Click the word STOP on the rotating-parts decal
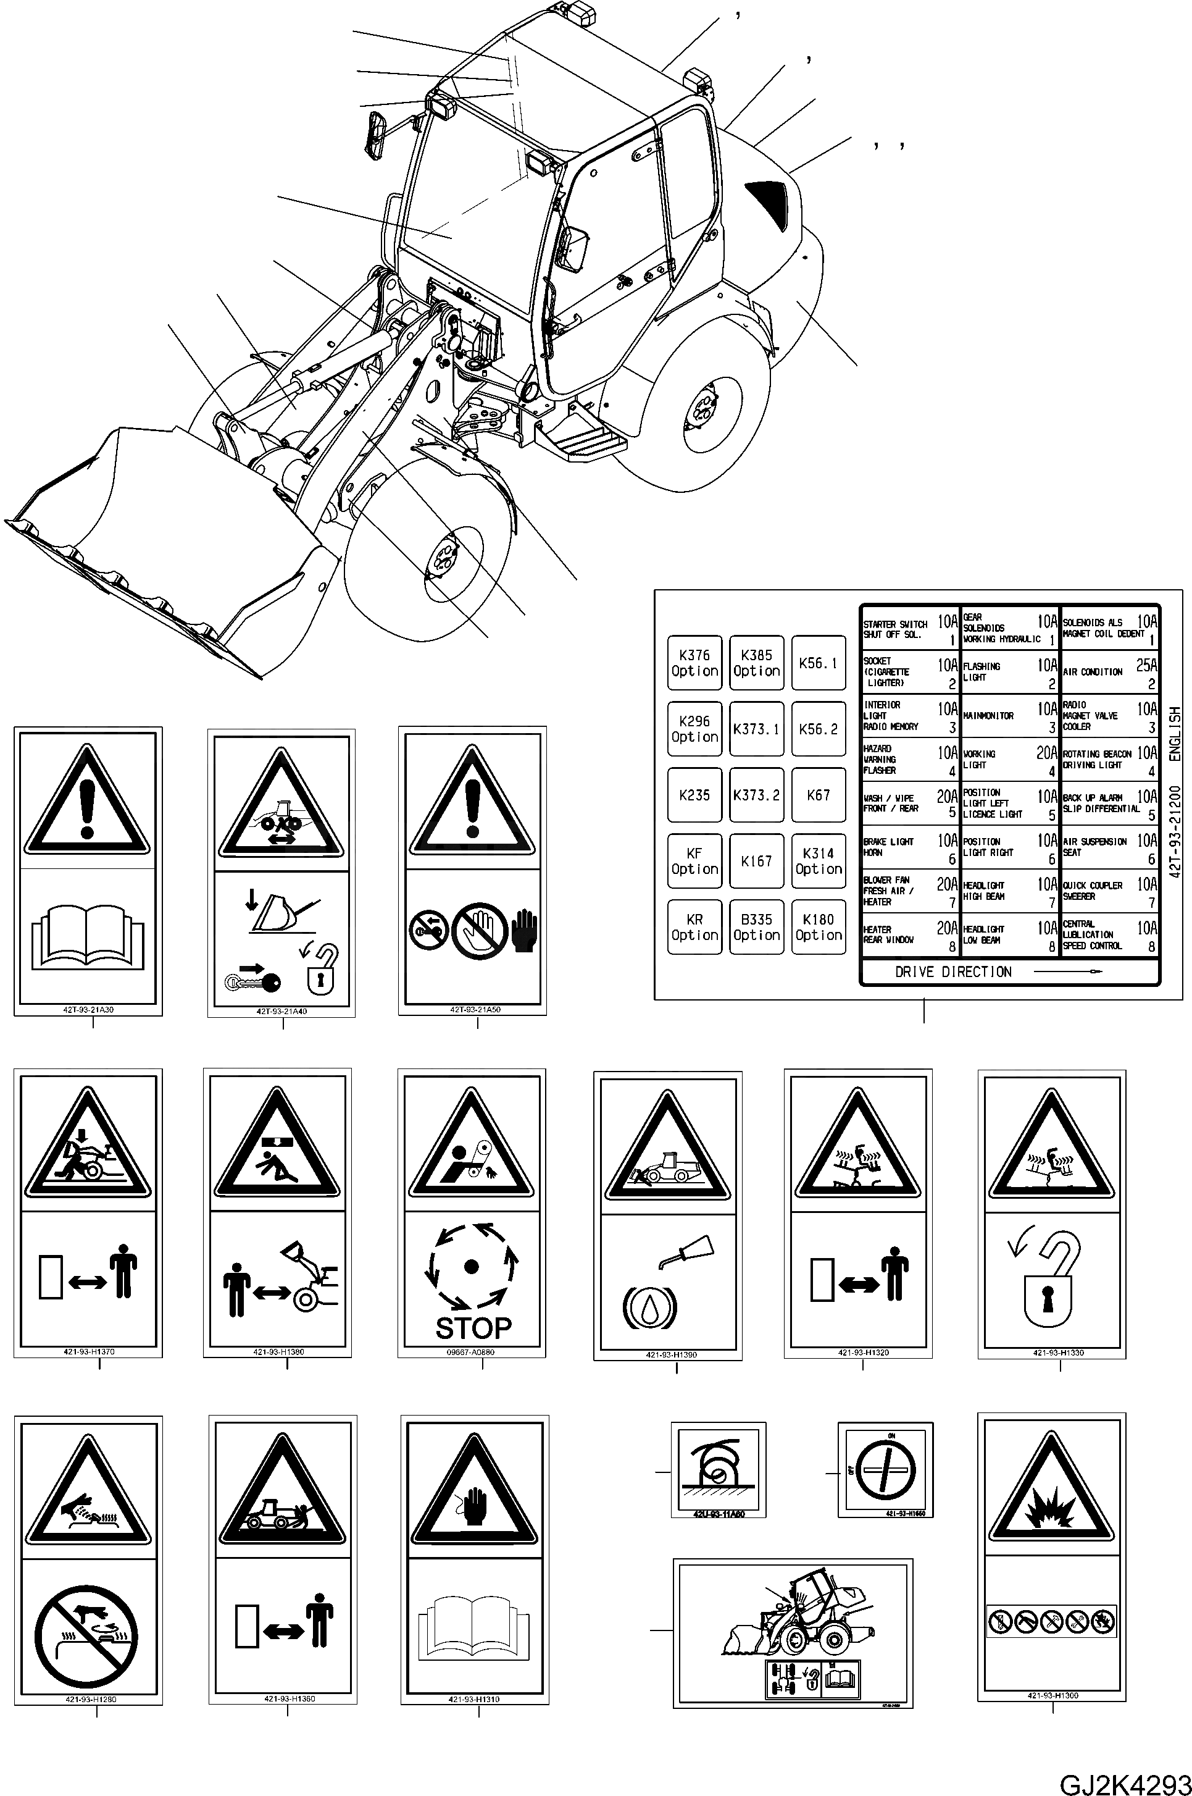(x=473, y=1328)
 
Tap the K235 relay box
(x=694, y=795)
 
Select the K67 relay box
(x=818, y=795)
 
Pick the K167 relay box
(x=756, y=862)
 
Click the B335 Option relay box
(x=756, y=928)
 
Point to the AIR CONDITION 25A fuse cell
(x=1109, y=672)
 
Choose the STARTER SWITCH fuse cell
(x=909, y=629)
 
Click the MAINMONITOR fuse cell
(x=1009, y=716)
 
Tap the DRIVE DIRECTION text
(x=952, y=971)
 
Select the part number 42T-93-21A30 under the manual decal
(x=88, y=1010)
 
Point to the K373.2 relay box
(x=756, y=795)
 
